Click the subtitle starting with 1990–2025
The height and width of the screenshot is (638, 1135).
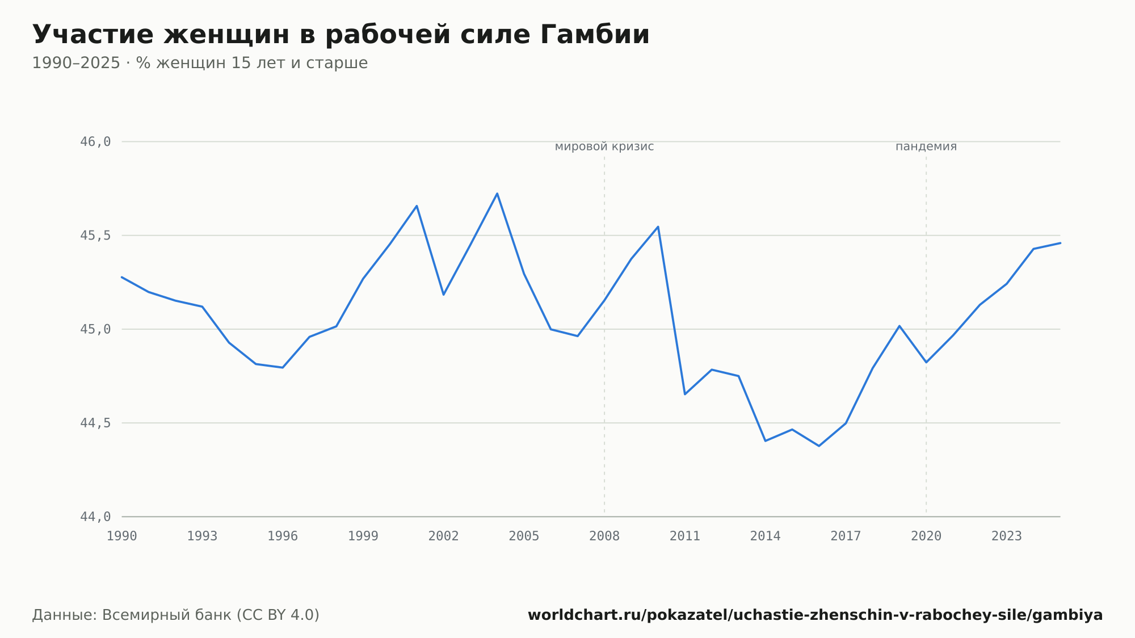(200, 63)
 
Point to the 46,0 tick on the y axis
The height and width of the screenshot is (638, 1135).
(95, 142)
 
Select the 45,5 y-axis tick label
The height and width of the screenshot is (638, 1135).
(95, 236)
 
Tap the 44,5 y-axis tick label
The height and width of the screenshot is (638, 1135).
(95, 423)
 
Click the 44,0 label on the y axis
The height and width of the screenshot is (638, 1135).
(95, 517)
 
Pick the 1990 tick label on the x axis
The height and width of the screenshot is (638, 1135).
(122, 536)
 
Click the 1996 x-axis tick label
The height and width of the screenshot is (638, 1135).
(283, 536)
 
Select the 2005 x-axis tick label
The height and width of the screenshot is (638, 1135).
(524, 536)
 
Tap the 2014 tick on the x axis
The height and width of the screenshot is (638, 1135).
(766, 536)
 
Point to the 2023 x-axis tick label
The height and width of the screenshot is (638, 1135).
(1007, 536)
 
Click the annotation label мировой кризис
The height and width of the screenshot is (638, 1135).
(604, 147)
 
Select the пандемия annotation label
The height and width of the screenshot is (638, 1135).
(926, 147)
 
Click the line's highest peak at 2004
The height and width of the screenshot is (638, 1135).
(497, 194)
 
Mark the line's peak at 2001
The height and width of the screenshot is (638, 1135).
(417, 206)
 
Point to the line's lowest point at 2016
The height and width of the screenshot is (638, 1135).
(819, 446)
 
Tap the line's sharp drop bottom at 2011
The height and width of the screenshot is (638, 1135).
(685, 394)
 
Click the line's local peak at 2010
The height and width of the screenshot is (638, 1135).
(658, 226)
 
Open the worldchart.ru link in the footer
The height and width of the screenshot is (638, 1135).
(815, 615)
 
